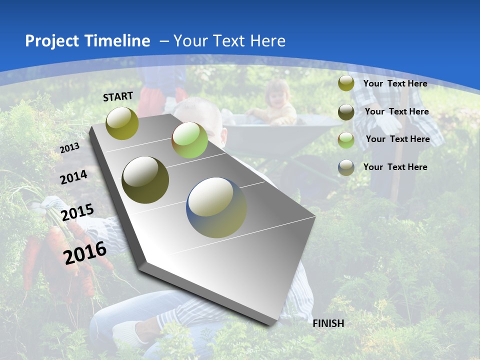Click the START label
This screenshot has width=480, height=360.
[118, 96]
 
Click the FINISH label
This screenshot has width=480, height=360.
[328, 323]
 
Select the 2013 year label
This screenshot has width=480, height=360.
[69, 148]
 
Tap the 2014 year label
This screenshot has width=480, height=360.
[73, 177]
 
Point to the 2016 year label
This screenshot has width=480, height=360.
[85, 253]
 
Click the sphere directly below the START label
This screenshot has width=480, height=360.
[122, 123]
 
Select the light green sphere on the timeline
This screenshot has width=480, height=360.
[189, 140]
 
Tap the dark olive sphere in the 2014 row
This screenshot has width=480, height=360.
[145, 180]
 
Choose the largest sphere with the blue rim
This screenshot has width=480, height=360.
[216, 207]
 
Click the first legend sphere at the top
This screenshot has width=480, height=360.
[346, 83]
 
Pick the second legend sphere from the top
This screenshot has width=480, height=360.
[346, 111]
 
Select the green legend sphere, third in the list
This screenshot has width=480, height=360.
[346, 139]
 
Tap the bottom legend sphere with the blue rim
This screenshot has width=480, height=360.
[346, 167]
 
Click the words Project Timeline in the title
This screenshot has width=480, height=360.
[87, 41]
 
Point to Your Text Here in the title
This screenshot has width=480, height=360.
[229, 41]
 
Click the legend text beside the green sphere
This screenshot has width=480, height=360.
[397, 139]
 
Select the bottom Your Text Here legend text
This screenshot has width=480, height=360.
[395, 167]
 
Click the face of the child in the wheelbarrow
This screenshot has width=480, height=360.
[278, 95]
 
